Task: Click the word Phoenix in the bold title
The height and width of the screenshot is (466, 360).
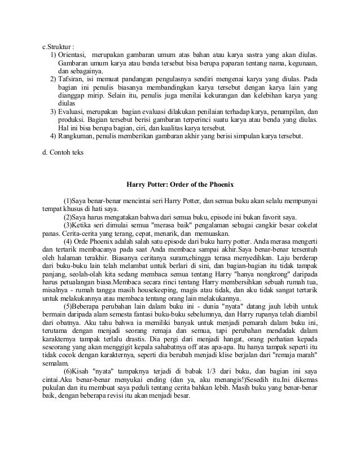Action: click(x=217, y=184)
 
